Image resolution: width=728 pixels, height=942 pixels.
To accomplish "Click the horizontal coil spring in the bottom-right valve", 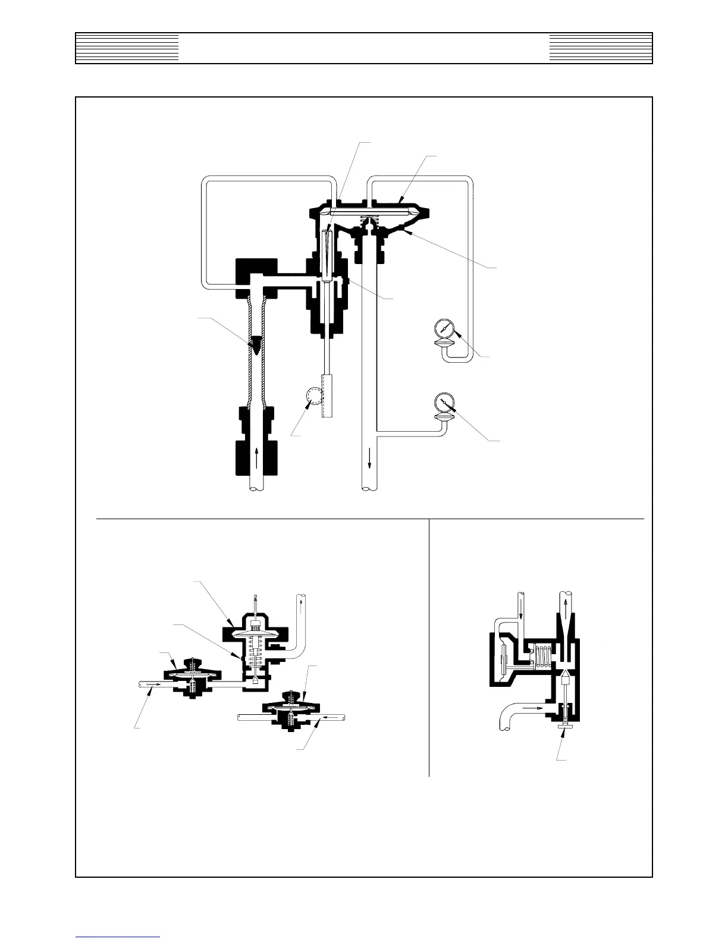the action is pos(541,660).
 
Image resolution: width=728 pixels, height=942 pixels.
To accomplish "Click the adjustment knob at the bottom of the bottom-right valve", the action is pos(562,726).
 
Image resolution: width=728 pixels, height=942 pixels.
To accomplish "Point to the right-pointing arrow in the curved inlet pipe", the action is pos(533,708).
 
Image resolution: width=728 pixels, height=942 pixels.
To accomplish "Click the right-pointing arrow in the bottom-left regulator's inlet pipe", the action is pos(153,685).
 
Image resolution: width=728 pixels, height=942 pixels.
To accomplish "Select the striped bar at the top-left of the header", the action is pos(127,48).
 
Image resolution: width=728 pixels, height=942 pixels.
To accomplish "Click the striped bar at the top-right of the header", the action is pos(601,48).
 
